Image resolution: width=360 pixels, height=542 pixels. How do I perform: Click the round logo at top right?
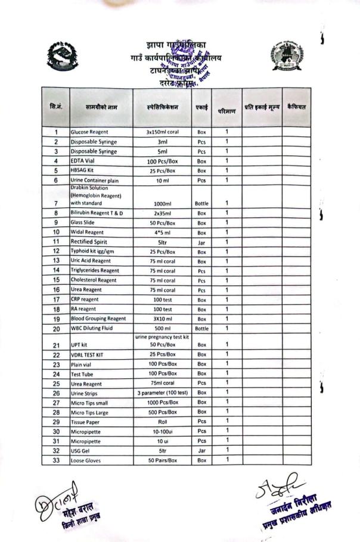tap(287, 56)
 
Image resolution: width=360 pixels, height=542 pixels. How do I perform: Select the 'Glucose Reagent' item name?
tap(89, 132)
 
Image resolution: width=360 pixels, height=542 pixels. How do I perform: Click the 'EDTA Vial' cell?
tap(82, 161)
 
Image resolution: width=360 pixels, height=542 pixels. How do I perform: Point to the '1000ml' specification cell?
tap(162, 203)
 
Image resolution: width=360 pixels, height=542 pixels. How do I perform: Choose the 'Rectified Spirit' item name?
tap(89, 242)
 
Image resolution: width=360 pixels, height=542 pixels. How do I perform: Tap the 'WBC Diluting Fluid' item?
tap(94, 328)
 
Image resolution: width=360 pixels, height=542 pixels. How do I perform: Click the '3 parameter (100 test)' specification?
tap(162, 393)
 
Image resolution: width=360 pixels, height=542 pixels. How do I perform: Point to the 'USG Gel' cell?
tap(80, 450)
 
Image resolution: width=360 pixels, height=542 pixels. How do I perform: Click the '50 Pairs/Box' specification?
tap(162, 460)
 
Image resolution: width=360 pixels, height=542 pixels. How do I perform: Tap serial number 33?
tap(56, 460)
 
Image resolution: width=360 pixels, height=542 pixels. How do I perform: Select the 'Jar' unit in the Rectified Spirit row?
tap(201, 242)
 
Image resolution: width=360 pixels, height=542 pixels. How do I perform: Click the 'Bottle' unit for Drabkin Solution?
tap(201, 203)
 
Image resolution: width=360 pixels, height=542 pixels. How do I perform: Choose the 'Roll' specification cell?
tap(162, 422)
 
